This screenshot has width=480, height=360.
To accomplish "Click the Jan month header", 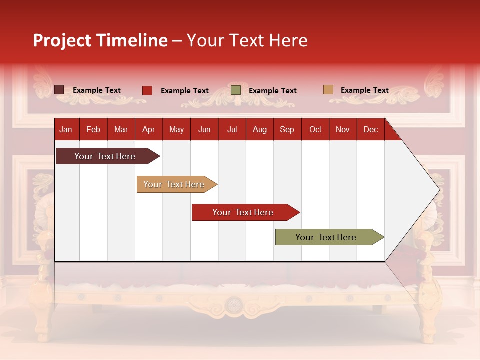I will point(66,129).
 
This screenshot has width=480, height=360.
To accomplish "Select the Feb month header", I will point(93,129).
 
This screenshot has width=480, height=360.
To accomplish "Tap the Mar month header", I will point(121,129).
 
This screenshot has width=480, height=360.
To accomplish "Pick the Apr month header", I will point(148,129).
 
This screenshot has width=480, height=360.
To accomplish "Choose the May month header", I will point(176,129).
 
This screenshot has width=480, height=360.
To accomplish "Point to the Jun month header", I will point(204,129).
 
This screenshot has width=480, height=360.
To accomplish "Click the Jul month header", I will point(232,129).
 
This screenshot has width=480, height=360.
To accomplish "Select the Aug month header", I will point(259,129).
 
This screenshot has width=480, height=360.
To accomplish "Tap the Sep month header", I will point(287,129).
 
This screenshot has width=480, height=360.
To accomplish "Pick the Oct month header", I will point(315,129).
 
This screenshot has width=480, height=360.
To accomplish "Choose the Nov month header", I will point(343,129).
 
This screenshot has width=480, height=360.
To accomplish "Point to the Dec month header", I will point(370,129).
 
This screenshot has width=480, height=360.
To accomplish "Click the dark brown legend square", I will point(59,90).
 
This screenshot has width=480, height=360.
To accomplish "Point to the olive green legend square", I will point(236,90).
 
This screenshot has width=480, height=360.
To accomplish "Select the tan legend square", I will point(328,90).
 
